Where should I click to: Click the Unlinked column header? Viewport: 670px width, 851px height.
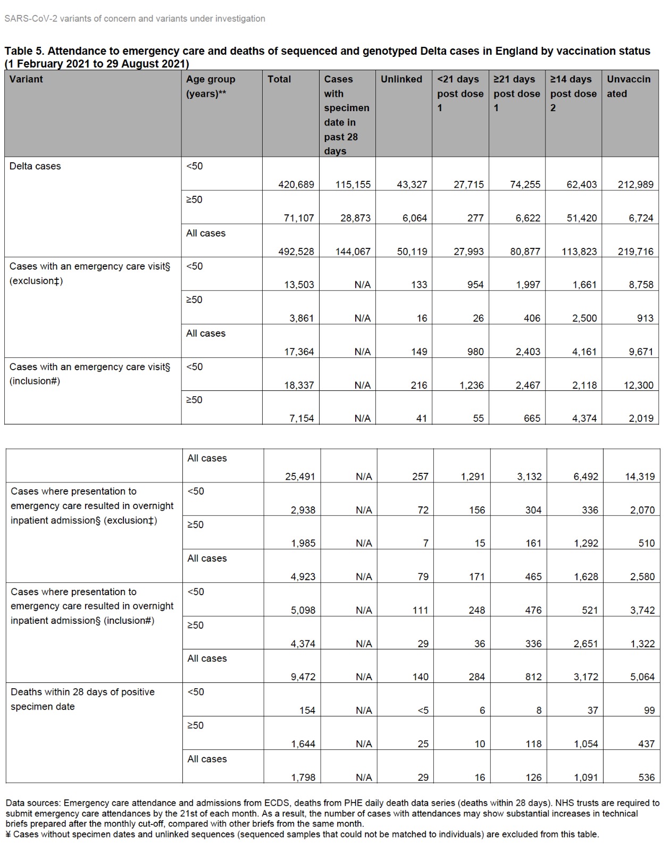(401, 79)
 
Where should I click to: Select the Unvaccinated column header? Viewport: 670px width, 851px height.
(628, 86)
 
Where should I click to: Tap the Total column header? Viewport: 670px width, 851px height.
(279, 79)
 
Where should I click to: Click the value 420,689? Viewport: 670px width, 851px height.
(296, 185)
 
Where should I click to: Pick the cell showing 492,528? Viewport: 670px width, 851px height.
(296, 252)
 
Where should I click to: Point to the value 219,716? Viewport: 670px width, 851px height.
(635, 252)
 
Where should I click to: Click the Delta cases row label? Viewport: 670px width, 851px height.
(35, 166)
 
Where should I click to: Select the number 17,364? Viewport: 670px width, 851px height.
(299, 352)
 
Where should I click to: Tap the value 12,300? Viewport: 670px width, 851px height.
(638, 385)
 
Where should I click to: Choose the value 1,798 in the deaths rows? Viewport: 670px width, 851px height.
(303, 778)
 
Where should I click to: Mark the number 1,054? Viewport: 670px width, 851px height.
(585, 744)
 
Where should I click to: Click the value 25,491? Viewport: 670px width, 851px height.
(300, 477)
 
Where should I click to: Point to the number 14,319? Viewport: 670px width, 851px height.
(640, 477)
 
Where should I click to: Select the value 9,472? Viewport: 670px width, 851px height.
(303, 677)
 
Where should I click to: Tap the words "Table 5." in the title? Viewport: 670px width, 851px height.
(24, 51)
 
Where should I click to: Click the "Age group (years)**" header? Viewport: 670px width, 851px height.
(211, 86)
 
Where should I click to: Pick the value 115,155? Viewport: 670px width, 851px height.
(353, 185)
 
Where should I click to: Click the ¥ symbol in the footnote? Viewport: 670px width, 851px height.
(9, 835)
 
